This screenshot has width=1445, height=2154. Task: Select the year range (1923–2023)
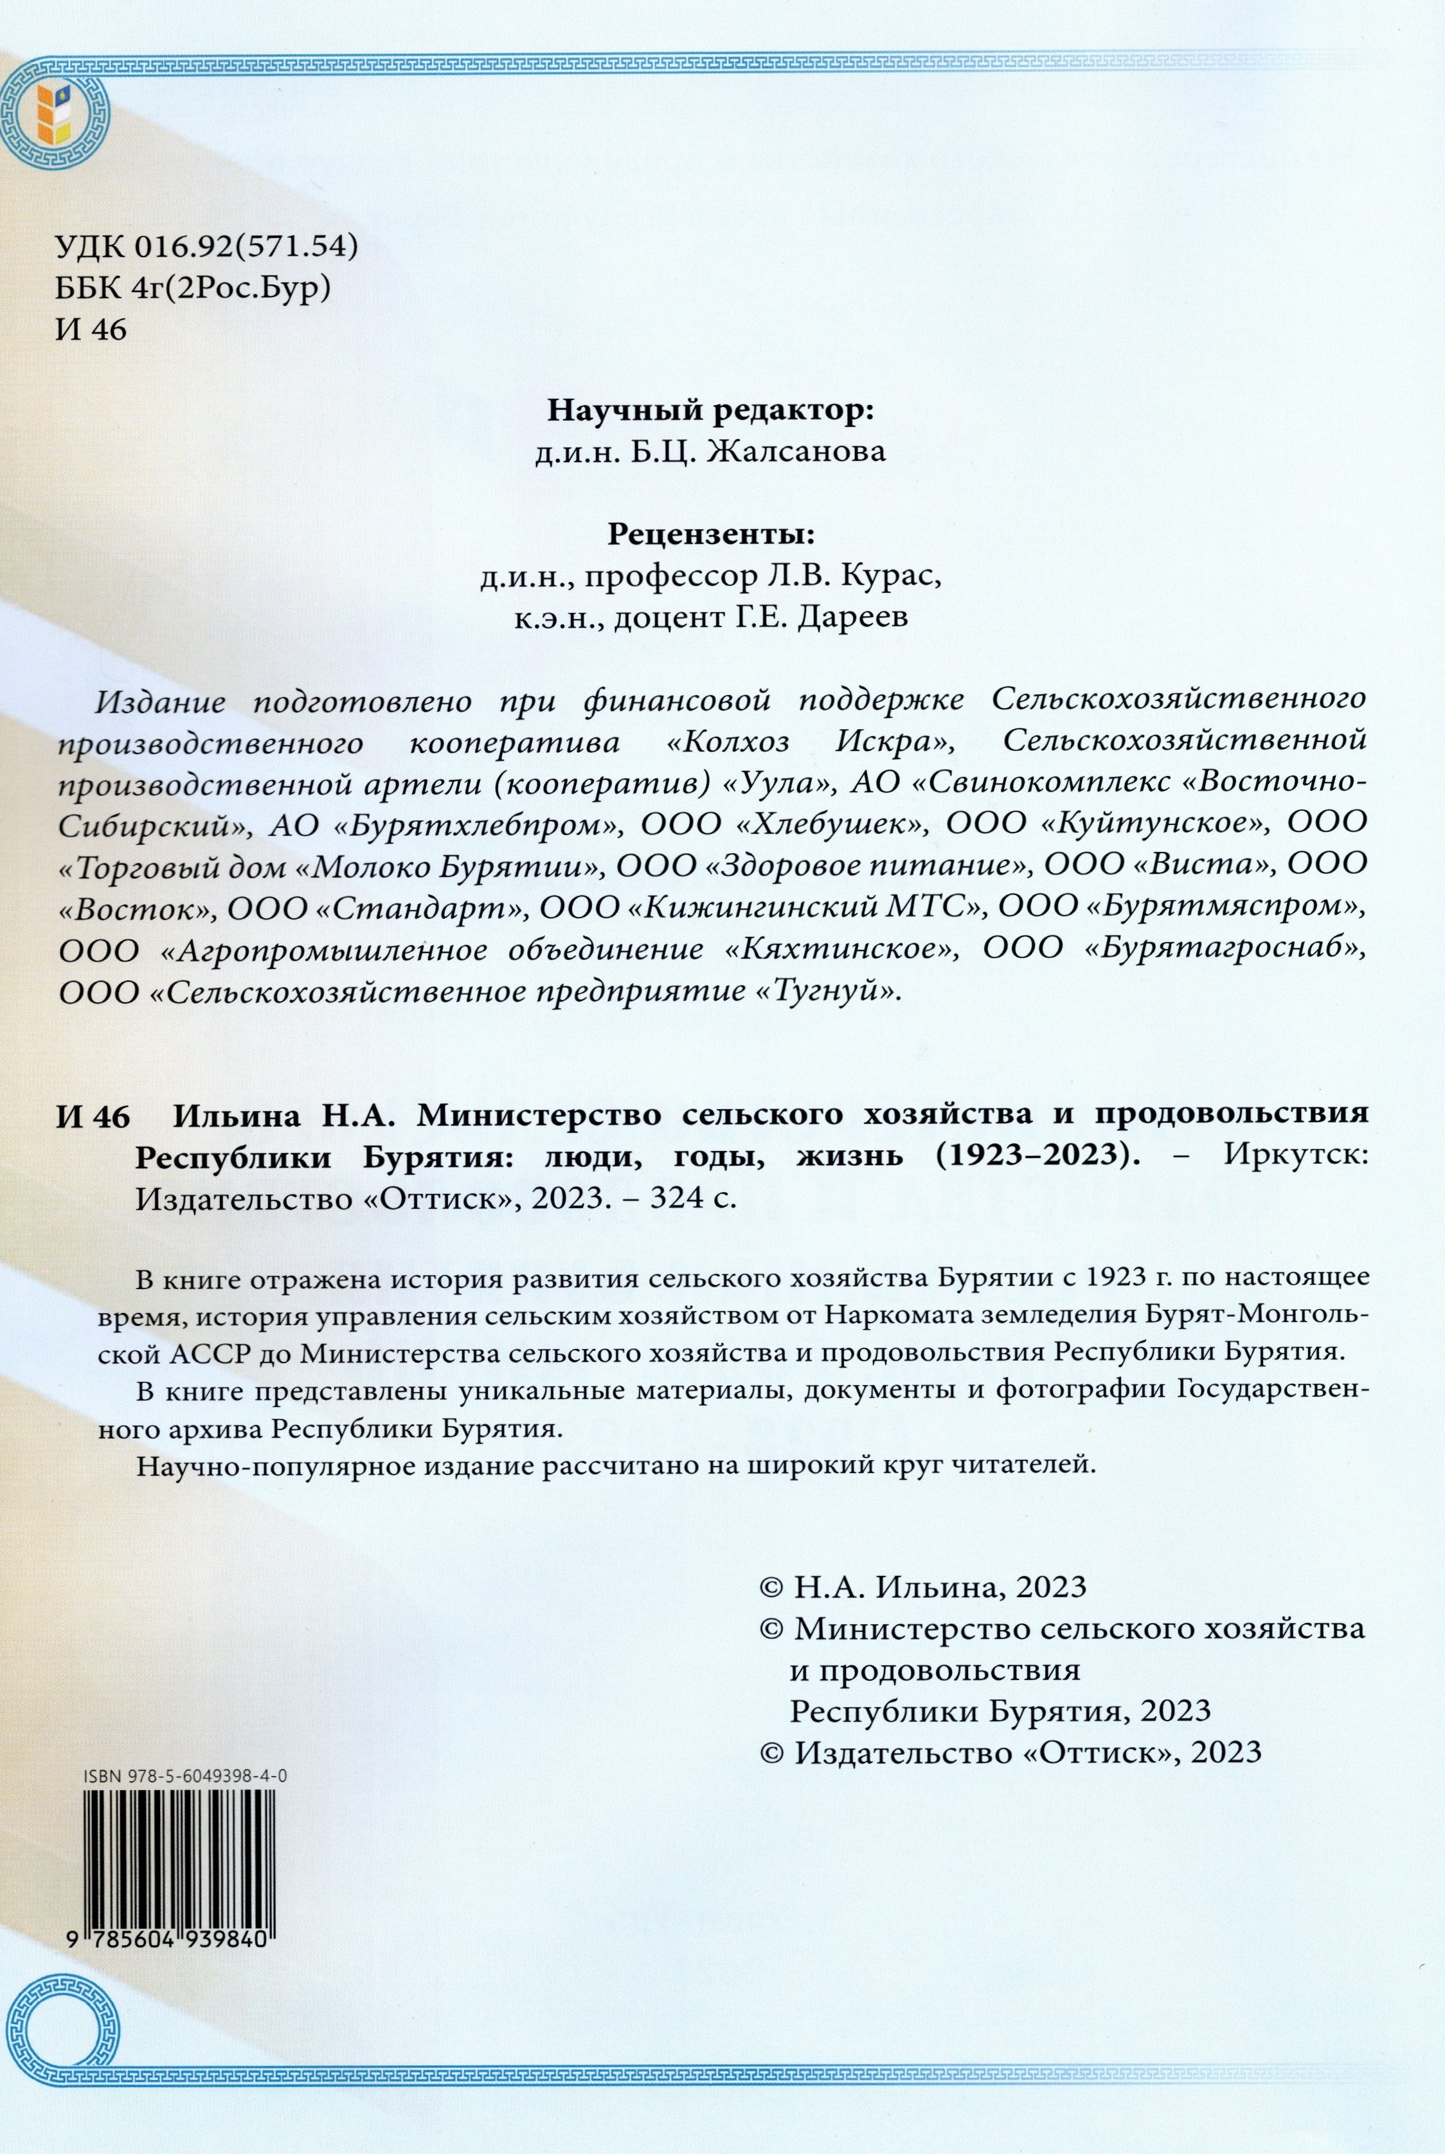1037,1157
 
